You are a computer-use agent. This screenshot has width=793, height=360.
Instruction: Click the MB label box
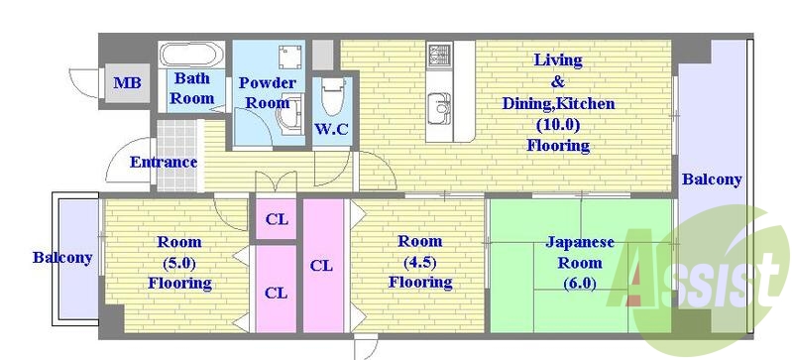point(126,83)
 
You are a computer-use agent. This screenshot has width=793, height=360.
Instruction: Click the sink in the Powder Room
point(289,119)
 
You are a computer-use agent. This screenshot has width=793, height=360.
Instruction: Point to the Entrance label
point(163,162)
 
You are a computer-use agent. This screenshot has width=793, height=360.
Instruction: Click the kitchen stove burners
point(439,54)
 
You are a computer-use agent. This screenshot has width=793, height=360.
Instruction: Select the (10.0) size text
point(557,124)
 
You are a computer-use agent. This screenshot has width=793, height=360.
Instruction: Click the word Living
point(557,60)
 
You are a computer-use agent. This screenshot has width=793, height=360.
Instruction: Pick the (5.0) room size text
point(179,262)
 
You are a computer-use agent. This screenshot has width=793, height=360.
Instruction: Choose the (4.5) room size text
point(419,261)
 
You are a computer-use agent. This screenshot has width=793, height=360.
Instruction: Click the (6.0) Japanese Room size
point(580,283)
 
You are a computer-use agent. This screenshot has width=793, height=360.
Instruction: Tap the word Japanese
point(580,242)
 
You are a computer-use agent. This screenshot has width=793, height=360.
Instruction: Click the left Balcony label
point(62,258)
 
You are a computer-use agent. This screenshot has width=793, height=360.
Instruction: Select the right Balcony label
point(712,180)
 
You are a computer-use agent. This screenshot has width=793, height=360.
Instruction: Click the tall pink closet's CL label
point(321,266)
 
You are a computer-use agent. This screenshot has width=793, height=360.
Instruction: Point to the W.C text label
point(331,130)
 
